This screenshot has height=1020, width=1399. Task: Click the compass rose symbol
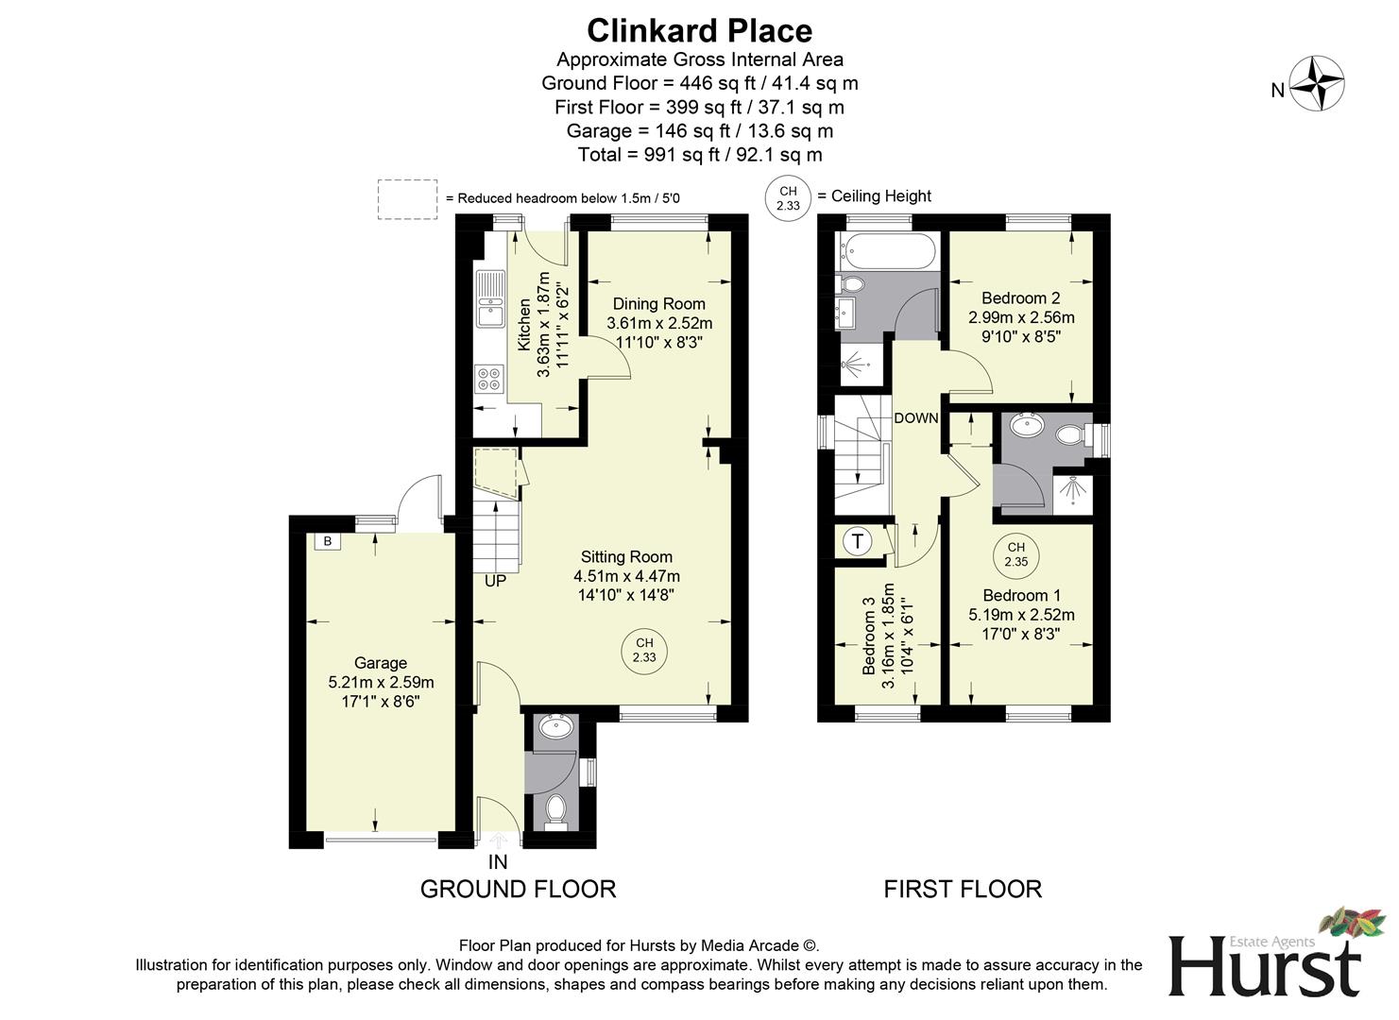coord(1317,84)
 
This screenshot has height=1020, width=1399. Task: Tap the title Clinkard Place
coord(699,30)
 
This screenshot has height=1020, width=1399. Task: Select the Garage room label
coord(381,663)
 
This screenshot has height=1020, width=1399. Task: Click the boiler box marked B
coord(328,541)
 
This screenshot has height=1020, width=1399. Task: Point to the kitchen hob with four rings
coord(489,379)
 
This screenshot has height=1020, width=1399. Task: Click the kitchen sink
coord(490,299)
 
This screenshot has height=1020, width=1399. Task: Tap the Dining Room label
coord(658,304)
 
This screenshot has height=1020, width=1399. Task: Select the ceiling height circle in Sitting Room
coord(644,651)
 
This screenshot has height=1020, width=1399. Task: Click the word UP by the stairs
coord(495,581)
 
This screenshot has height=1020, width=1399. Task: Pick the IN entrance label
coord(498,862)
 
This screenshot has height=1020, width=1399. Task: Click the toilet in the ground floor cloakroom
coord(556,810)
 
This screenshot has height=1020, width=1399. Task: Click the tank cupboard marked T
coord(858,542)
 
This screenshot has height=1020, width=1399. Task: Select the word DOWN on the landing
coord(915,418)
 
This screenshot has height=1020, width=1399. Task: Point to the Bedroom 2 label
coord(1020,298)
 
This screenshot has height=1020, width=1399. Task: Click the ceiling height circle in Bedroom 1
coord(1015,554)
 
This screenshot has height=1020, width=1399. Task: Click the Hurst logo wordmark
coord(1266,968)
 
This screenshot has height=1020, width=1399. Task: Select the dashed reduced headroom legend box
coord(408,199)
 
